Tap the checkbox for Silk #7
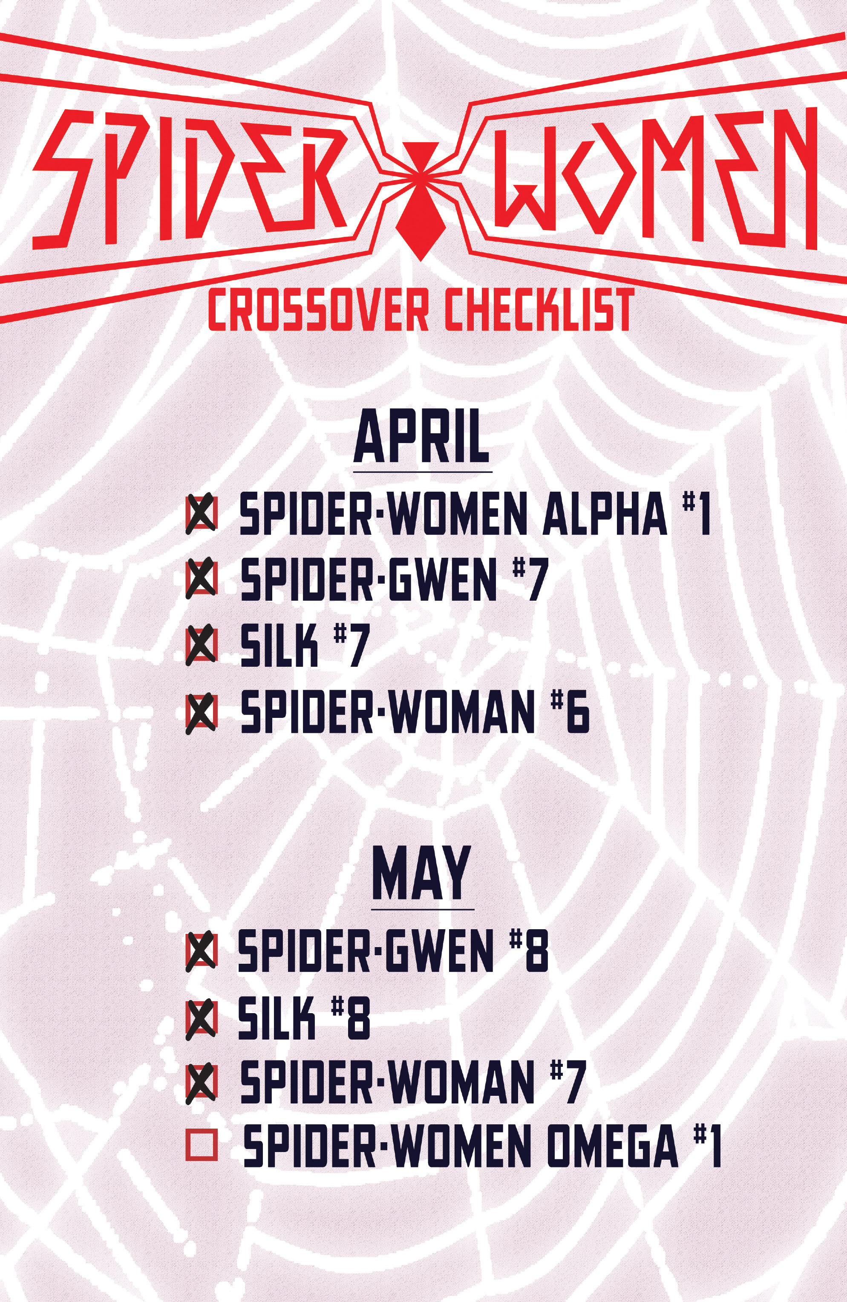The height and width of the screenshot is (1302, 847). click(x=202, y=645)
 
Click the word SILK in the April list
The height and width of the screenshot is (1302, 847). click(x=279, y=647)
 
